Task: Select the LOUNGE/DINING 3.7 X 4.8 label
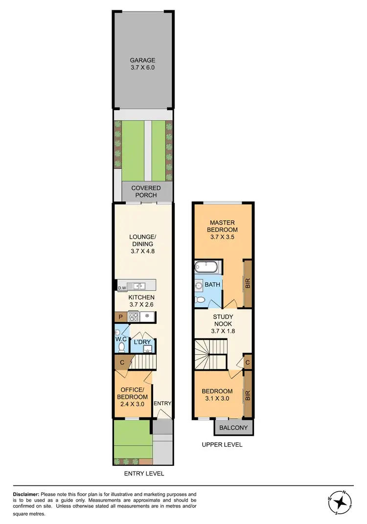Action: click(142, 244)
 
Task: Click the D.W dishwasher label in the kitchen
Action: click(122, 288)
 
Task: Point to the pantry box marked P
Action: click(119, 317)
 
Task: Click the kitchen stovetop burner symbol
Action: click(134, 317)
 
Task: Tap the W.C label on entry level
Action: click(120, 338)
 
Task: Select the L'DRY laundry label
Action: click(141, 342)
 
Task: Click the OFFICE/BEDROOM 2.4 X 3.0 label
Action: click(132, 397)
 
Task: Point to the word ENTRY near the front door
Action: click(162, 403)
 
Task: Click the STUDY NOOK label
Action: click(223, 323)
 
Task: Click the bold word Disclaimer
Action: click(25, 495)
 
